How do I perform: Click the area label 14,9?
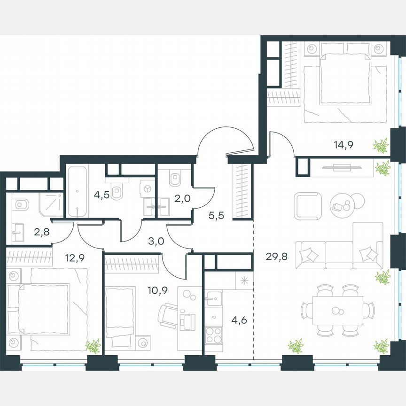(x=343, y=145)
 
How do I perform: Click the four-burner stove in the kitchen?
(x=214, y=335)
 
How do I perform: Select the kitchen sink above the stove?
(x=214, y=297)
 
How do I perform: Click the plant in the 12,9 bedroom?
(x=94, y=346)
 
